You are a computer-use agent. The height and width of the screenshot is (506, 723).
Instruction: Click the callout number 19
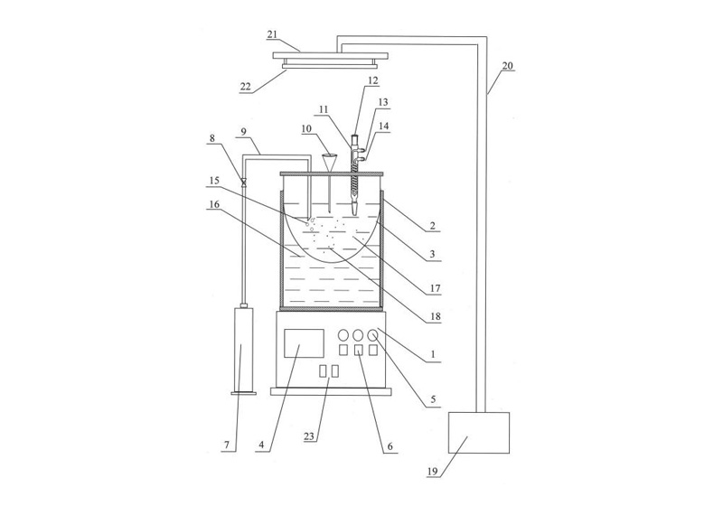(x=432, y=471)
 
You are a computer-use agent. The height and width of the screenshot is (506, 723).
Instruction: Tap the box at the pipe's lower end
(x=479, y=433)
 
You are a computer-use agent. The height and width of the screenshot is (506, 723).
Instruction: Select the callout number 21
(x=272, y=34)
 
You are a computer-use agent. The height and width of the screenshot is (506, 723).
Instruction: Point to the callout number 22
(x=245, y=86)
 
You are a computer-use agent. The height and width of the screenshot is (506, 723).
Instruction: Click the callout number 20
(x=507, y=65)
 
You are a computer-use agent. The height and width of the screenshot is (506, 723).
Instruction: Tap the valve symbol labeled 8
(x=244, y=183)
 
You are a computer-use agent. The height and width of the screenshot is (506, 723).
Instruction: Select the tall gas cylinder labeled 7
(x=244, y=351)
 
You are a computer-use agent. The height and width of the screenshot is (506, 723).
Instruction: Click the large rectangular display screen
(x=304, y=342)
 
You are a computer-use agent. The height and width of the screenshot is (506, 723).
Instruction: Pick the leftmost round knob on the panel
(x=343, y=334)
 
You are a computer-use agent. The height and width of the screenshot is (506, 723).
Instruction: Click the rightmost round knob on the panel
(x=373, y=334)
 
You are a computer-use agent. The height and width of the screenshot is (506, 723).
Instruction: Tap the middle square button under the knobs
(x=358, y=351)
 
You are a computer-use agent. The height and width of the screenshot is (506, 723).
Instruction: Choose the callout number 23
(x=310, y=436)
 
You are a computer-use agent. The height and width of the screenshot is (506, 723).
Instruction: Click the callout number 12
(x=372, y=80)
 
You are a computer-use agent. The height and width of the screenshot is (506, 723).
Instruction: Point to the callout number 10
(x=306, y=128)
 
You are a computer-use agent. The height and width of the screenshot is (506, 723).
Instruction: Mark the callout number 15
(x=214, y=181)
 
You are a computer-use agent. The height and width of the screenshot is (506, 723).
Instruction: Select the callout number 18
(x=436, y=316)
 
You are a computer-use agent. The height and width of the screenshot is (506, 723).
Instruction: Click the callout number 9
(x=245, y=131)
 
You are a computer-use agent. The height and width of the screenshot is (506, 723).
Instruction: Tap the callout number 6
(x=390, y=446)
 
